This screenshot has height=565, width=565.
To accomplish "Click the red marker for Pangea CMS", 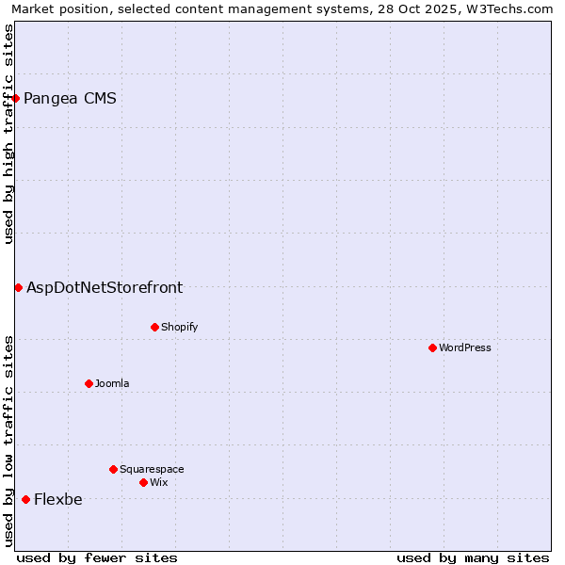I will tap(15, 99).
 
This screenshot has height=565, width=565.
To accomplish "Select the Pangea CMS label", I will tap(70, 99).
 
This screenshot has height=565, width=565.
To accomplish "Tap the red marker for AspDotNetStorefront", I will tap(18, 287).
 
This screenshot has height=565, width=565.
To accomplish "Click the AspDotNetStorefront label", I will tap(105, 288).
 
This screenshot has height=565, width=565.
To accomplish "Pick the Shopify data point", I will tap(154, 327).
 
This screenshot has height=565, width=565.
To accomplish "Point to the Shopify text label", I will tap(179, 327).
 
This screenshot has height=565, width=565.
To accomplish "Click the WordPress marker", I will tap(432, 347).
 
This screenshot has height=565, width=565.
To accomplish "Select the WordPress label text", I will tap(465, 347).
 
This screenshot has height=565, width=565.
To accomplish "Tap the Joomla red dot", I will tap(89, 383).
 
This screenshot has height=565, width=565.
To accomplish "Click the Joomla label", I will tap(112, 383).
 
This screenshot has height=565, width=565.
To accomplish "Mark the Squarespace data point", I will tap(113, 469).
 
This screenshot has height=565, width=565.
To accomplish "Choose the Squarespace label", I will tap(152, 469).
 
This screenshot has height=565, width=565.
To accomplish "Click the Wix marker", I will tap(143, 482).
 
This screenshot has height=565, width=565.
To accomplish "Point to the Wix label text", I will tap(158, 482).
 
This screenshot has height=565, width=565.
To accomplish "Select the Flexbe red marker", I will tap(25, 499).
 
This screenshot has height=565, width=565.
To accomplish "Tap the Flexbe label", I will tap(57, 500).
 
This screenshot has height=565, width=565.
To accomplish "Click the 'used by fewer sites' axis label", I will tap(97, 557).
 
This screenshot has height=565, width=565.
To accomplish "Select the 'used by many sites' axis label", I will tap(473, 557).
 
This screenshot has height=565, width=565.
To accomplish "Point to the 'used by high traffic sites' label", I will tap(8, 134).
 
